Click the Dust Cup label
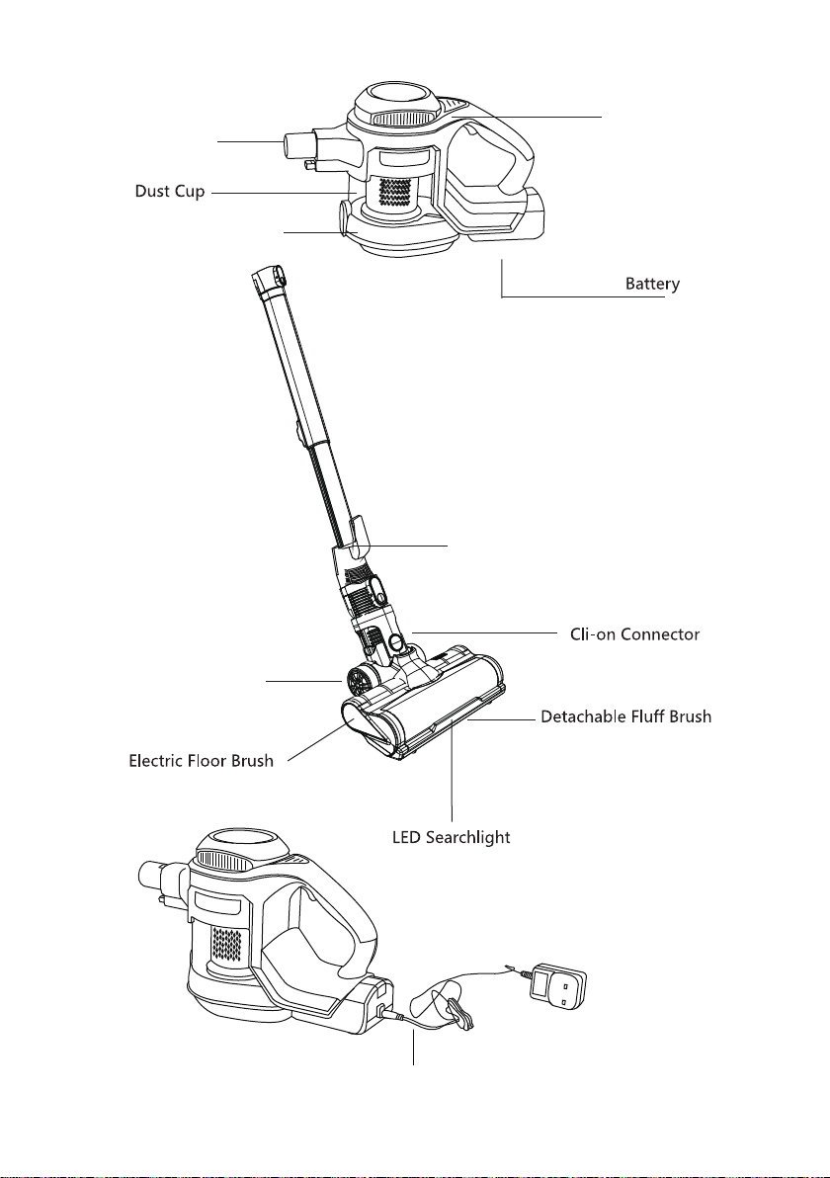click(x=170, y=191)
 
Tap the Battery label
click(x=653, y=284)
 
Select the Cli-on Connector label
click(x=634, y=634)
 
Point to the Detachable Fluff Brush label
click(x=625, y=716)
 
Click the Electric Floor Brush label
click(x=202, y=761)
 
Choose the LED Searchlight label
click(x=452, y=837)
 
